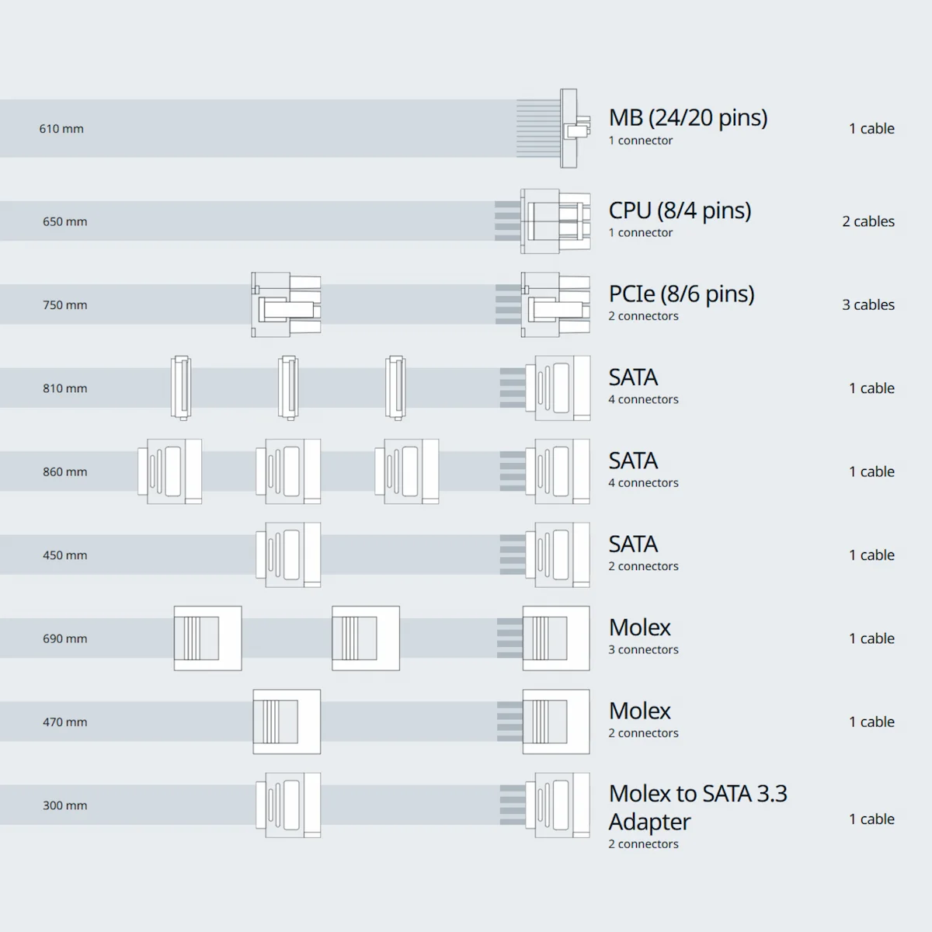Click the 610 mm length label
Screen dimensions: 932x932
61,129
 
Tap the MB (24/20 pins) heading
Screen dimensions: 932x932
687,118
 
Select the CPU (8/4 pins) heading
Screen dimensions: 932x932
680,210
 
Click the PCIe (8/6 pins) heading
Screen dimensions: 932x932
681,294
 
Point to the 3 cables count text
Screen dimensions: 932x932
868,305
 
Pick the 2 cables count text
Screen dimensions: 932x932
868,221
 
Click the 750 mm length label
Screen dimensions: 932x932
64,305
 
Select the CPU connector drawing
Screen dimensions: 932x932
555,221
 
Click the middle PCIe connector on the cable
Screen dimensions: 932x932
286,304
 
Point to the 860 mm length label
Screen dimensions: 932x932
64,472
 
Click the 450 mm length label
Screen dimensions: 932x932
64,555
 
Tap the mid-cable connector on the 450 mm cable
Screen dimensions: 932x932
288,555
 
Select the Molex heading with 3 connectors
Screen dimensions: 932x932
639,628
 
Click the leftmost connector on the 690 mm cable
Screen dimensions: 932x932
207,638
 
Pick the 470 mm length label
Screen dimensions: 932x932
64,722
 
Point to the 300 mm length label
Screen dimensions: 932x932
64,805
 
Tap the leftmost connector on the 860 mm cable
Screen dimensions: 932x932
170,471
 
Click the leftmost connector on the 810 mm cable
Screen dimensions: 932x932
181,388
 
